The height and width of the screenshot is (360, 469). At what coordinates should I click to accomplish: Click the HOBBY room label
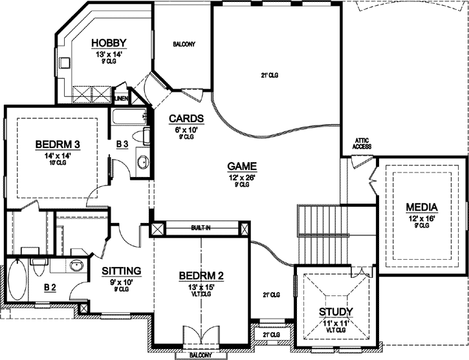[x=108, y=43]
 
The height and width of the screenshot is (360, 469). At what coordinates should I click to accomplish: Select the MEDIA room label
[x=422, y=207]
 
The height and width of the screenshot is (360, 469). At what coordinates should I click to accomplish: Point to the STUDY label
[x=336, y=312]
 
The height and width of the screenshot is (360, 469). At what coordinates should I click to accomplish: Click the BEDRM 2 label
[x=201, y=276]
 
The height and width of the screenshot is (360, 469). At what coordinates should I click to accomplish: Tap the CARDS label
[x=186, y=118]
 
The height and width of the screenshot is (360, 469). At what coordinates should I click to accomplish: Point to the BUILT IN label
[x=200, y=228]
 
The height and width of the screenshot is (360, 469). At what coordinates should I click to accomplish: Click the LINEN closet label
[x=121, y=98]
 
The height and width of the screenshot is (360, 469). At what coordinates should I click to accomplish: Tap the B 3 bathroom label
[x=122, y=145]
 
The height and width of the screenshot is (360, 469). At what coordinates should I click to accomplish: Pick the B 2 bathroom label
[x=50, y=288]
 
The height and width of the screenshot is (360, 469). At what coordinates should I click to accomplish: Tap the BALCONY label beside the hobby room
[x=184, y=44]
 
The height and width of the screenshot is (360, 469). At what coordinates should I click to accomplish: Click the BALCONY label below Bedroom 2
[x=201, y=354]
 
